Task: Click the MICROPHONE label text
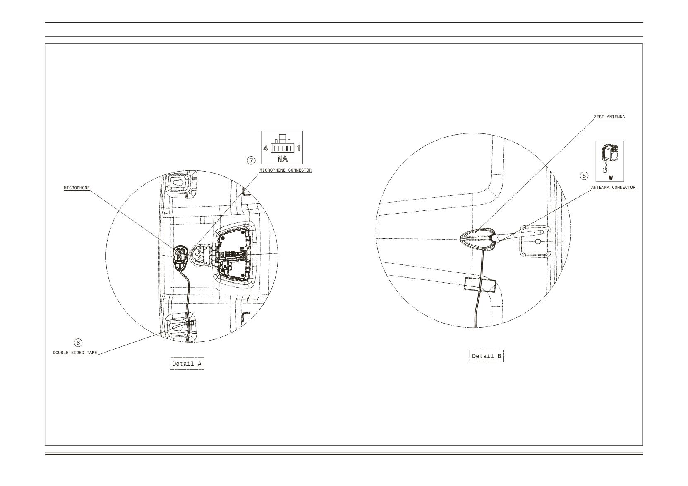[x=77, y=188]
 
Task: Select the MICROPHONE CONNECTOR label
[x=285, y=170]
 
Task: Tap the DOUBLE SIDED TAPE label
[x=75, y=353]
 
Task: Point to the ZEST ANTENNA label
[x=609, y=117]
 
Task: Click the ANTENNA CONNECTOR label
[x=614, y=188]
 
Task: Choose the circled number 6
[x=78, y=343]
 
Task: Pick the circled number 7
[x=251, y=160]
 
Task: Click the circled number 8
[x=584, y=176]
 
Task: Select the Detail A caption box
[x=187, y=364]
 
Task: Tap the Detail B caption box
[x=487, y=356]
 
